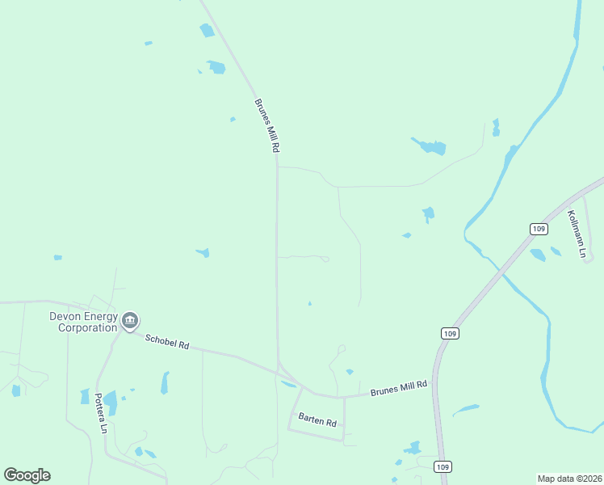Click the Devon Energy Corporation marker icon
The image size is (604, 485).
(129, 322)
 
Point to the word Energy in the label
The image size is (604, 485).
(99, 316)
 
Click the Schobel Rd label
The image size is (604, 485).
(167, 342)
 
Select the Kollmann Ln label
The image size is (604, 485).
(576, 234)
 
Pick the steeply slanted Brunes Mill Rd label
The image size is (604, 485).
(266, 126)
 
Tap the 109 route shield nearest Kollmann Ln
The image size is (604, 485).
(539, 230)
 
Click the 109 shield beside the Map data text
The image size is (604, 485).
(442, 466)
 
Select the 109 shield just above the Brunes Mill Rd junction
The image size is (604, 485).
(451, 333)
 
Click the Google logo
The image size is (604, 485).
(27, 475)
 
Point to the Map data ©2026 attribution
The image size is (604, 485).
(569, 478)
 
